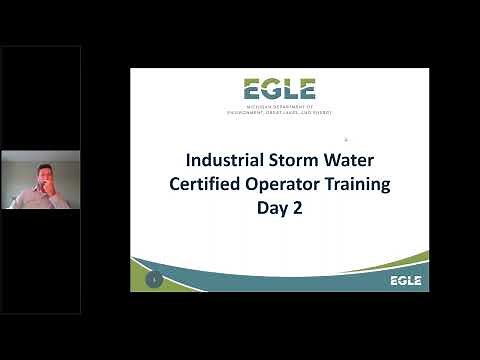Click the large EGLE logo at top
(x=279, y=89)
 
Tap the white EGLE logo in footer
(x=405, y=280)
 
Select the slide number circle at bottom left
(x=155, y=280)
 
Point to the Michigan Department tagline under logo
(x=279, y=110)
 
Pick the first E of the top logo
(x=250, y=89)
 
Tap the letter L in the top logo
(x=287, y=89)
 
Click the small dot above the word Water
(x=345, y=139)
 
